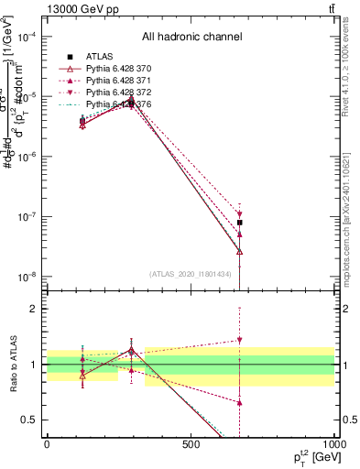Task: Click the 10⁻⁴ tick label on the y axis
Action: pos(27,37)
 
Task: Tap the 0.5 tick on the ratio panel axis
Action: pos(31,420)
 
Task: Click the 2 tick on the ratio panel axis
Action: pos(35,309)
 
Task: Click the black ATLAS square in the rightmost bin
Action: pos(239,223)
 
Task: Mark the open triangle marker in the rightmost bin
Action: pos(239,250)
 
